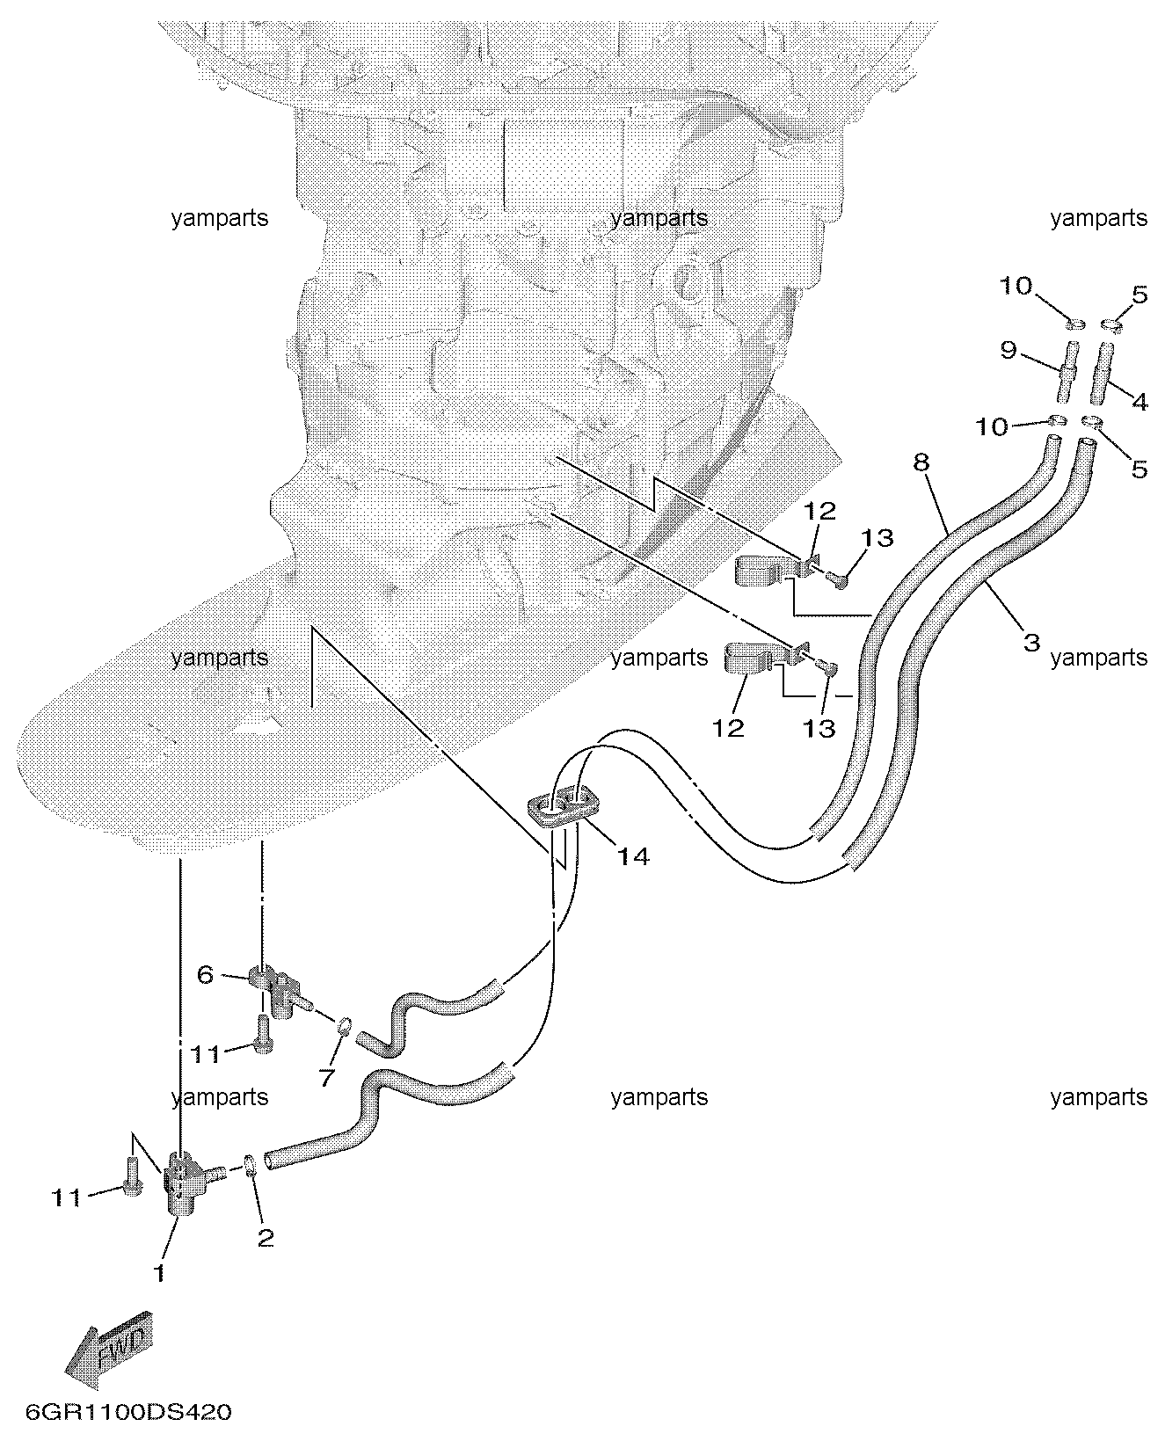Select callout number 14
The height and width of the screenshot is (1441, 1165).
(x=632, y=855)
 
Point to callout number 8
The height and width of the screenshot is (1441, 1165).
(x=921, y=462)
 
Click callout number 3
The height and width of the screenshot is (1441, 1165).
(x=1031, y=642)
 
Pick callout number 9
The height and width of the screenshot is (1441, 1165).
(x=1008, y=350)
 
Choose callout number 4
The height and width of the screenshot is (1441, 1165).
(x=1139, y=402)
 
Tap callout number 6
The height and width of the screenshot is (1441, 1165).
(x=205, y=974)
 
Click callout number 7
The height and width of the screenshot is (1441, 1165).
(x=327, y=1078)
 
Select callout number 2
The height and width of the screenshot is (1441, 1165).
(x=266, y=1238)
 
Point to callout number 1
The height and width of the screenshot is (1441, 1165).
(x=159, y=1272)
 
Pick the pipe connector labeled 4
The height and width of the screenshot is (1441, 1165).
(x=1102, y=373)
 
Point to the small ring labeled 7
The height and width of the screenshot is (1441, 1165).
(x=345, y=1025)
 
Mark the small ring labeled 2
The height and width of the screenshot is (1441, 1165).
(x=250, y=1166)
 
